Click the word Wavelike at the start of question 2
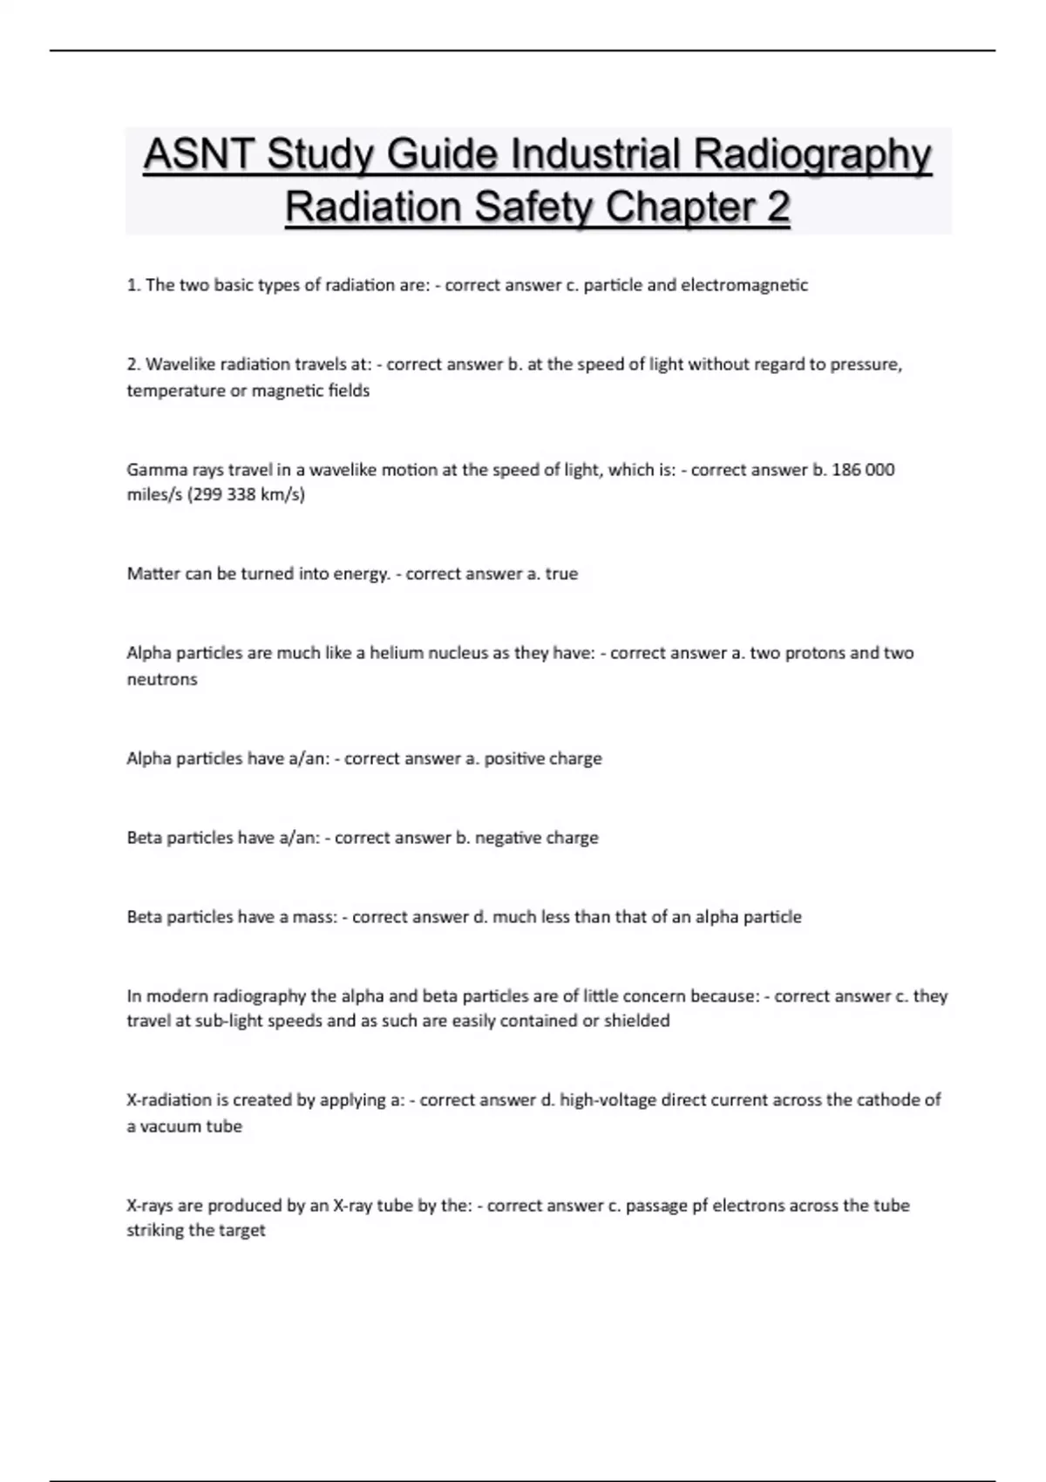point(180,364)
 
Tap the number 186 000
point(863,470)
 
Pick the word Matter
point(153,574)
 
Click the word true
point(561,574)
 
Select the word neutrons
point(162,679)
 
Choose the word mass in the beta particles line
point(315,917)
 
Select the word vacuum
point(173,1126)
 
